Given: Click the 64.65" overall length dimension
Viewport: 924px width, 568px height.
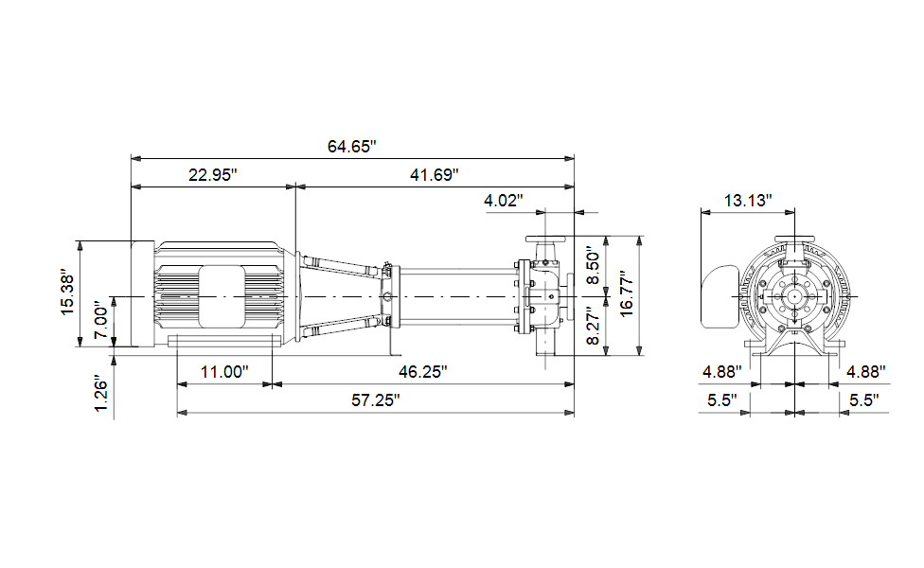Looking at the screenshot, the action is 352,146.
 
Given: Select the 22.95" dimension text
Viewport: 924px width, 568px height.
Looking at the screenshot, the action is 213,175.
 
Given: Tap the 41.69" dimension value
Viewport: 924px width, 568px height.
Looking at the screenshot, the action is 435,175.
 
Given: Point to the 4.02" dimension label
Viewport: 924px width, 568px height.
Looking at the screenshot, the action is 504,201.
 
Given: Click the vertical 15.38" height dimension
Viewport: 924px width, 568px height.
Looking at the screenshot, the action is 68,293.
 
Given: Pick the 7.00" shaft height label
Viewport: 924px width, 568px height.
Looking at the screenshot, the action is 101,322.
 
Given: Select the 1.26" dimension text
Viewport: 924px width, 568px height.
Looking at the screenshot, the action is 101,395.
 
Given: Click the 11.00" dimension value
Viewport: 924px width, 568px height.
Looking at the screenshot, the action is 224,372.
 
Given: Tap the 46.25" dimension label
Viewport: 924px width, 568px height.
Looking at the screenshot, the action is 422,372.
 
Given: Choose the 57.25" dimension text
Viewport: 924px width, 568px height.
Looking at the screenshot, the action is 375,400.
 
